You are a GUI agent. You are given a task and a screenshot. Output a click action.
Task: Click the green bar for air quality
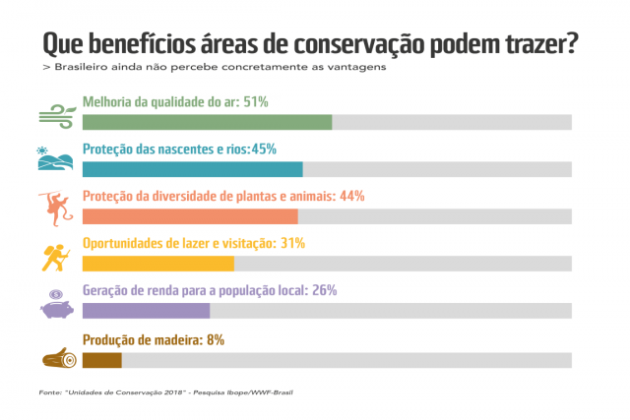[207, 122]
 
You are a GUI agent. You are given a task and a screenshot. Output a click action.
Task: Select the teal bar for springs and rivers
[192, 169]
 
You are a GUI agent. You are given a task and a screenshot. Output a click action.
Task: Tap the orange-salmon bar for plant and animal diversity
[190, 216]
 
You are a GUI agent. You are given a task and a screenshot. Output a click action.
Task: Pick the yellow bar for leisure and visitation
[157, 263]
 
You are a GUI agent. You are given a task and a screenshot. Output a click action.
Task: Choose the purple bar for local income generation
[146, 311]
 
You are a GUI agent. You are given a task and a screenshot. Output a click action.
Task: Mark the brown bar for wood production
[101, 359]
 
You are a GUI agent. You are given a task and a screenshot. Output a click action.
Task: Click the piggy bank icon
[57, 303]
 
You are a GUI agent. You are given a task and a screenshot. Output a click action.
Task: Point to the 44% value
[352, 196]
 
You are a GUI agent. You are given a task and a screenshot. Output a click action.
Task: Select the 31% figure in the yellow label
[292, 243]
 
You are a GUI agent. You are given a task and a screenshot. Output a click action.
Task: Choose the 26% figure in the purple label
[324, 290]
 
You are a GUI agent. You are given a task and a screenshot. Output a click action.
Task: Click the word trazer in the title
[533, 45]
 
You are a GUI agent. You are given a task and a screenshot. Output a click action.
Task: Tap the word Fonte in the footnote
[49, 392]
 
